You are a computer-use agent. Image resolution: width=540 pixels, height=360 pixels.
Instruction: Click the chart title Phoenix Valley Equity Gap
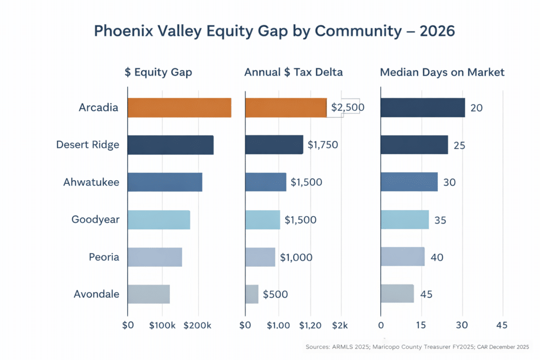[x=274, y=31]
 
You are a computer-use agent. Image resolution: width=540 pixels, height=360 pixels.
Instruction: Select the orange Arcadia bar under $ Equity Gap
[x=179, y=108]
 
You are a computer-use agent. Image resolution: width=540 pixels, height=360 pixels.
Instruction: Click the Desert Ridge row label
[x=88, y=144]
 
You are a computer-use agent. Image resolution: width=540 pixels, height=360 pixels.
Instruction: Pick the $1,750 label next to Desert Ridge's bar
[x=323, y=144]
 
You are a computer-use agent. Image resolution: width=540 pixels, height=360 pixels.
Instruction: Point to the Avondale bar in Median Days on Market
[x=397, y=294]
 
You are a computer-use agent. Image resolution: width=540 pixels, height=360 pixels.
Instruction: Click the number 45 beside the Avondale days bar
[x=426, y=294]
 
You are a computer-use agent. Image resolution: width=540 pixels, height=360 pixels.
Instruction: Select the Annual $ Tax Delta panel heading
[x=293, y=72]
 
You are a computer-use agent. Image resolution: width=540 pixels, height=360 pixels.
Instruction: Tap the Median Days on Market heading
[x=442, y=72]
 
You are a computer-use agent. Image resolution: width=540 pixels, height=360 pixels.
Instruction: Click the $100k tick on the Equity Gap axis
[x=162, y=325]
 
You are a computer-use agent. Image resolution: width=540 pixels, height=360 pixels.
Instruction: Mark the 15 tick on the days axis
[x=421, y=325]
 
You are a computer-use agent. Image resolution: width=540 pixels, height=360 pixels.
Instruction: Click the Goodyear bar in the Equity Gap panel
[x=159, y=219]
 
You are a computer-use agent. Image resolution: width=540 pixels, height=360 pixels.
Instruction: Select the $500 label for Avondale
[x=275, y=294]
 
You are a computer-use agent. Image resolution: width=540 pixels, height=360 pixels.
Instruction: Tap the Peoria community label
[x=104, y=257]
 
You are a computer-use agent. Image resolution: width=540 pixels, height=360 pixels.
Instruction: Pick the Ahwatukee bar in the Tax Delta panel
[x=266, y=182]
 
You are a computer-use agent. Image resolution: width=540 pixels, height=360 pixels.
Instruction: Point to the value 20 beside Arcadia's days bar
[x=477, y=108]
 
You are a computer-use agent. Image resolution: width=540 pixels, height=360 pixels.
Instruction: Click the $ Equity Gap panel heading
[x=158, y=72]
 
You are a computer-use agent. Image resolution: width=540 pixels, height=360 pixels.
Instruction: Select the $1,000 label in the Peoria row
[x=296, y=257]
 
